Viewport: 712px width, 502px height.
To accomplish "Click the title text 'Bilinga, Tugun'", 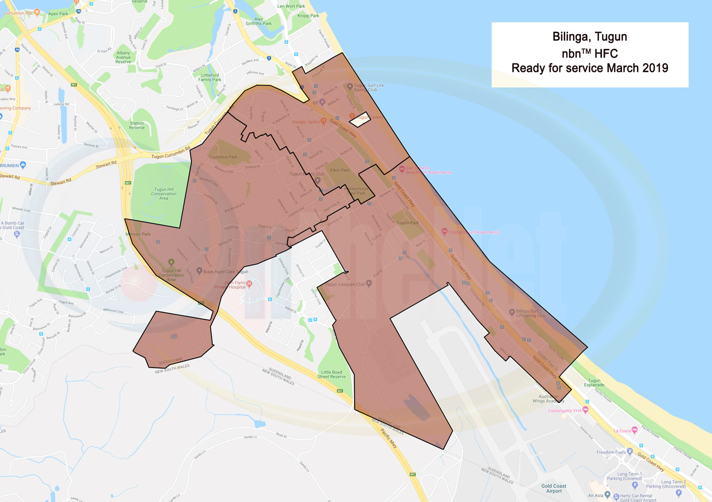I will (x=590, y=37).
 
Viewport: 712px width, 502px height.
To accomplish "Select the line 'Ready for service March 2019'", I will (x=590, y=68).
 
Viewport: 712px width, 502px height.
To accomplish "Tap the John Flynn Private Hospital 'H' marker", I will (x=249, y=283).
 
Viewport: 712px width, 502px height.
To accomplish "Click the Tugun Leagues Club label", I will (x=345, y=284).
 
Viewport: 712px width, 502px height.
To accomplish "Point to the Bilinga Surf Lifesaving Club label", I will (x=531, y=313).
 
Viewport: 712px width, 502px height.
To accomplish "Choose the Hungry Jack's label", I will (x=306, y=122).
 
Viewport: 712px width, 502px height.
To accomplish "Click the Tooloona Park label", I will (x=223, y=157).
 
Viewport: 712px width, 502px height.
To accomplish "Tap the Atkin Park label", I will (x=340, y=170).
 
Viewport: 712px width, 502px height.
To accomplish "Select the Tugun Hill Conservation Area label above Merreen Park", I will (x=164, y=194).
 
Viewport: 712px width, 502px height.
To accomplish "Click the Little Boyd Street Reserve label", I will (x=331, y=374).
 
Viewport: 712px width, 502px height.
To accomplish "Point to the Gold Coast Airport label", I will (x=554, y=488).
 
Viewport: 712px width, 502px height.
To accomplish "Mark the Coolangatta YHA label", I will (x=565, y=411).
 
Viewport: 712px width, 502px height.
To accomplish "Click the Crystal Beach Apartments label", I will (x=474, y=232).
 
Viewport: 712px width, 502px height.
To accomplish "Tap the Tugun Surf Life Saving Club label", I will (x=368, y=88).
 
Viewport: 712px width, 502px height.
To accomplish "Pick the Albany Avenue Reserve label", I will (x=123, y=57).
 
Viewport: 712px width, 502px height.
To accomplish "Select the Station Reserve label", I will (x=137, y=125).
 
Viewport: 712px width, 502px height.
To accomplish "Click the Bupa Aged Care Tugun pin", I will (x=200, y=271).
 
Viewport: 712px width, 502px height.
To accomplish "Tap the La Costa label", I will (x=622, y=431).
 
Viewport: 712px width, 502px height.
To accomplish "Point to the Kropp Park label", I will (x=308, y=16).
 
